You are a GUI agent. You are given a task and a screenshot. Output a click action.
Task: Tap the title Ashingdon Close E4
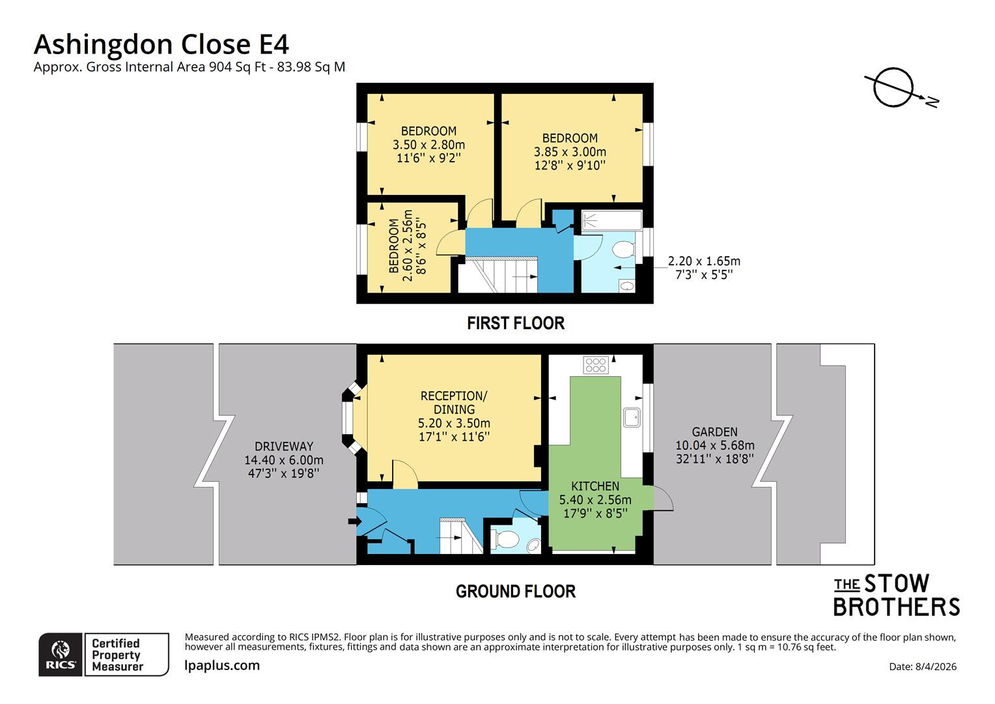pyautogui.click(x=161, y=44)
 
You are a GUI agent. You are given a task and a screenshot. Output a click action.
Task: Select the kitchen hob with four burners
pyautogui.click(x=595, y=365)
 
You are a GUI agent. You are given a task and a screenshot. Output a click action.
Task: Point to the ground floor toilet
pyautogui.click(x=505, y=539)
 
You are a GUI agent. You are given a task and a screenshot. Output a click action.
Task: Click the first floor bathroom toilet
pyautogui.click(x=623, y=250)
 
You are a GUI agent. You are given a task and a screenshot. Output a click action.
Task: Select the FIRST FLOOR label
pyautogui.click(x=515, y=323)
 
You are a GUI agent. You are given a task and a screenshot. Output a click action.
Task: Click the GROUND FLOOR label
pyautogui.click(x=515, y=591)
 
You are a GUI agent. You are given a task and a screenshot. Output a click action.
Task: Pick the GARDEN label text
pyautogui.click(x=714, y=432)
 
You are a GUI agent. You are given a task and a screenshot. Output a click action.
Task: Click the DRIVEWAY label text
pyautogui.click(x=283, y=447)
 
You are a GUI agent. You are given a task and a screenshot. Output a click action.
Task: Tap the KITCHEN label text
pyautogui.click(x=595, y=486)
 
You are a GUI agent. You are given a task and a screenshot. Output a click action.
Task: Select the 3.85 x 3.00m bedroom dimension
pyautogui.click(x=570, y=152)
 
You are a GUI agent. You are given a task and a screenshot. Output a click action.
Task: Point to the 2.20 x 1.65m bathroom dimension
pyautogui.click(x=703, y=261)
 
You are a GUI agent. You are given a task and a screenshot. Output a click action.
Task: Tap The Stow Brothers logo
pyautogui.click(x=896, y=595)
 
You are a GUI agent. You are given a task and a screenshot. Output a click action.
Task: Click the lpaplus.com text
pyautogui.click(x=222, y=666)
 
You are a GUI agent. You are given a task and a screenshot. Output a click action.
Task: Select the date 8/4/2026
pyautogui.click(x=922, y=666)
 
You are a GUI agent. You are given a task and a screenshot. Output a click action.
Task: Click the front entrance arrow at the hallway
pyautogui.click(x=354, y=521)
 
